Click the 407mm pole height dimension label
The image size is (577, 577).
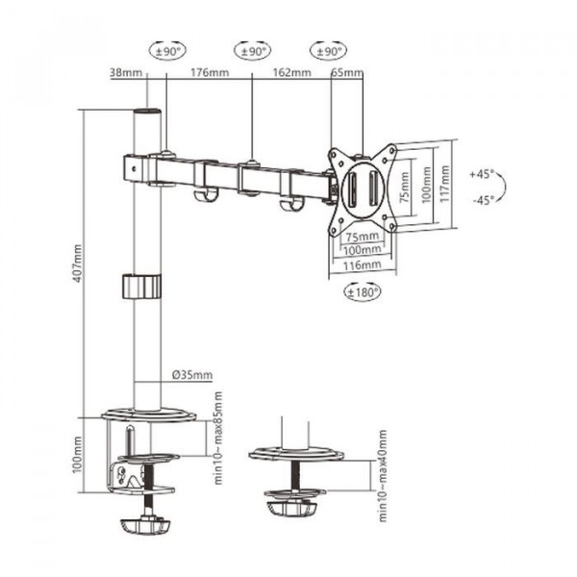click(x=78, y=263)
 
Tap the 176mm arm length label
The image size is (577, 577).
click(x=210, y=72)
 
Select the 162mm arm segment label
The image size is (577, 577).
click(x=291, y=72)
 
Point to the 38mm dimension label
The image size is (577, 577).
click(x=126, y=72)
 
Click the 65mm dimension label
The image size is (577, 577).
click(x=347, y=72)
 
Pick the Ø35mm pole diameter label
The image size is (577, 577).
click(x=192, y=375)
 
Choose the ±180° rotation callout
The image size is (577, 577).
click(x=363, y=292)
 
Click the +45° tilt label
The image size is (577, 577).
click(x=482, y=174)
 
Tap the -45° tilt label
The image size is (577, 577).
click(x=484, y=200)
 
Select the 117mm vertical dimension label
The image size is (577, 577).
click(x=445, y=184)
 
